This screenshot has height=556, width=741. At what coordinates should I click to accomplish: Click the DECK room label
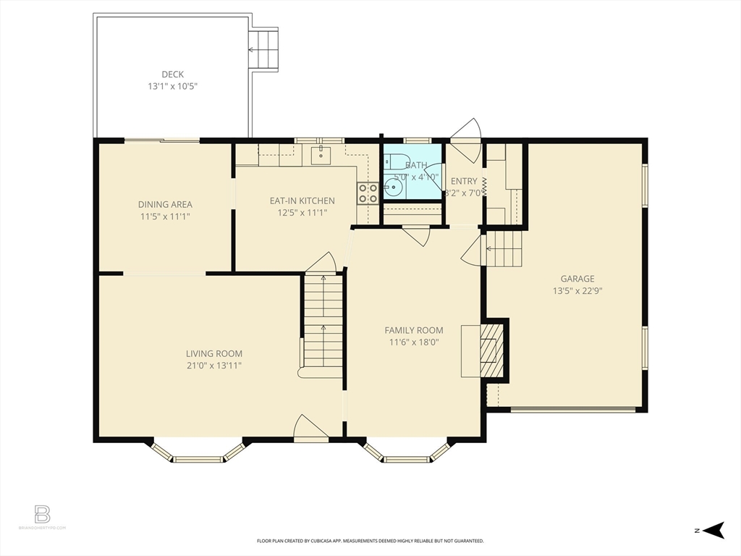tap(172, 74)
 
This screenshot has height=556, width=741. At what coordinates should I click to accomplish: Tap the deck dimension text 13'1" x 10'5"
tap(172, 85)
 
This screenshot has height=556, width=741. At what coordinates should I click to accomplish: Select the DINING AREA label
tap(165, 204)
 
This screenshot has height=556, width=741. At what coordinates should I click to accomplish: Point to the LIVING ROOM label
tap(213, 354)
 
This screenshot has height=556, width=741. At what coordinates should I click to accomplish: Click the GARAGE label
tap(577, 279)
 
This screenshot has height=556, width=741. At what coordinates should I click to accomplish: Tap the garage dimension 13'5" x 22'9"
tap(577, 290)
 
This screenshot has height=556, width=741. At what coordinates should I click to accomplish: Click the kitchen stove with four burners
tap(368, 193)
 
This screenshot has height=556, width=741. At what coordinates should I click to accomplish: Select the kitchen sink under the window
tap(321, 153)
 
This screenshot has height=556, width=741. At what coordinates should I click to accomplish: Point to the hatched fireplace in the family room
tap(492, 350)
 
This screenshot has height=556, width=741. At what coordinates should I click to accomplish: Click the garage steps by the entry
tap(504, 249)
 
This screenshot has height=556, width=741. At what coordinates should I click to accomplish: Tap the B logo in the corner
tap(43, 515)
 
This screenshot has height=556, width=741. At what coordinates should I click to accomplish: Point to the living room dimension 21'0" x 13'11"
tap(213, 366)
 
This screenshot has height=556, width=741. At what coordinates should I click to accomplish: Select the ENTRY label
tap(463, 181)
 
